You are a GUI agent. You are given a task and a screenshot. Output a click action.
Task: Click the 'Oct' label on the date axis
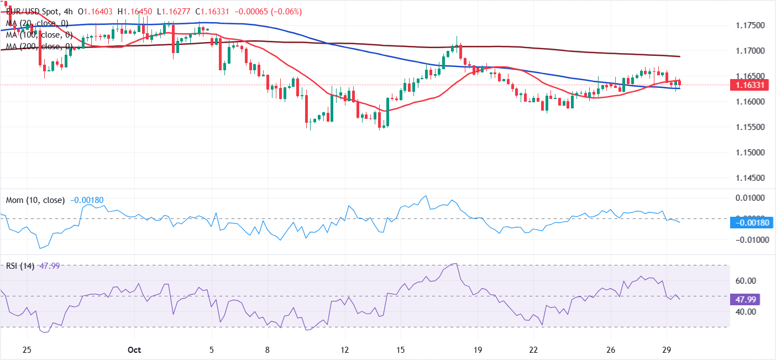(x=135, y=350)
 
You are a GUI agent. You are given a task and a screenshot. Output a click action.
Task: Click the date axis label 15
(x=401, y=350)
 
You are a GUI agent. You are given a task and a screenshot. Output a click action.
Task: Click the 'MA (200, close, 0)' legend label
(x=38, y=46)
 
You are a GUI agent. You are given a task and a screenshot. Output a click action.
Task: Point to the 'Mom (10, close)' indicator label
(x=36, y=200)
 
